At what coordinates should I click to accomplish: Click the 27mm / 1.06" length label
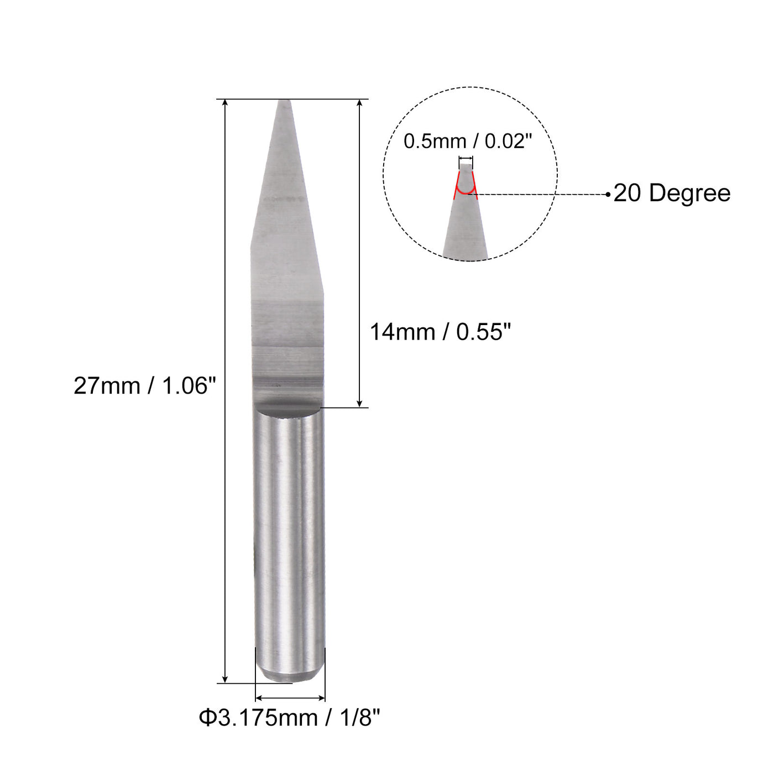click(x=145, y=386)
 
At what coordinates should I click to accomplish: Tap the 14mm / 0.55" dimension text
click(x=440, y=332)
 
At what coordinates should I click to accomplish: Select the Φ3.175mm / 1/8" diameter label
click(x=290, y=718)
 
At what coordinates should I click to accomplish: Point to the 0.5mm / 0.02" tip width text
click(x=467, y=142)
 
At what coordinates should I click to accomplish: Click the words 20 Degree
click(x=672, y=193)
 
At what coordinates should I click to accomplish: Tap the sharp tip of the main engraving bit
click(x=284, y=102)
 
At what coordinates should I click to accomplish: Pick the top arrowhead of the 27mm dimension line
click(x=225, y=103)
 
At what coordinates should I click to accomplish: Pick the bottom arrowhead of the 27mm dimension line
click(x=225, y=679)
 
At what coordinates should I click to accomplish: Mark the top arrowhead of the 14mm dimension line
click(x=360, y=103)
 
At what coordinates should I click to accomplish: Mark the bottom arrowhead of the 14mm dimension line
click(x=360, y=404)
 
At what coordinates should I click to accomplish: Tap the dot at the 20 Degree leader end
click(x=608, y=194)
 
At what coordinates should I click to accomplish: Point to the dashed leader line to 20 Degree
click(x=542, y=194)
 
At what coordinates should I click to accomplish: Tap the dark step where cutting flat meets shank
click(x=287, y=408)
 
